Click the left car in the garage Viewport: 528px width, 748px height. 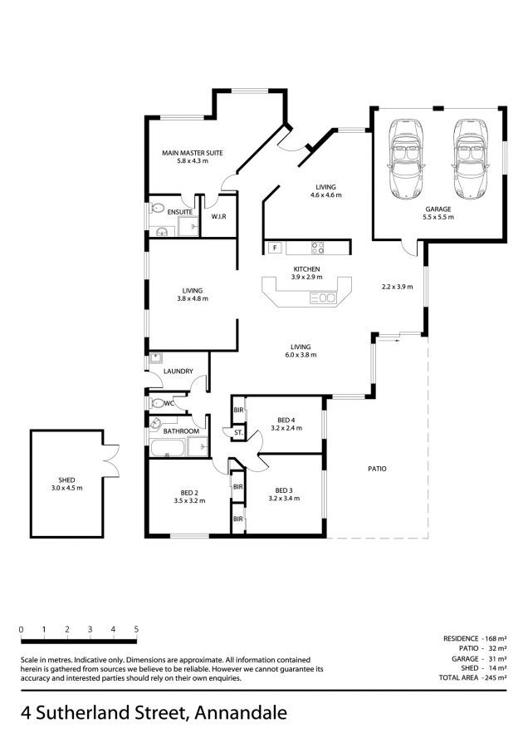[x=405, y=159]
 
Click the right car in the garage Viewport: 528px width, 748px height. [x=472, y=159]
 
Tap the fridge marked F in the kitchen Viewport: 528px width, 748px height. [x=275, y=248]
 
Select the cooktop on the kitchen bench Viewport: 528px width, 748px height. [x=318, y=248]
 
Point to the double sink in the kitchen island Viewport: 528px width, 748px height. [x=323, y=298]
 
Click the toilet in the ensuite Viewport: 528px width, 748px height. [x=156, y=209]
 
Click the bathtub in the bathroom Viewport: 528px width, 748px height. [x=167, y=448]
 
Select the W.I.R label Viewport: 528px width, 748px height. [x=218, y=217]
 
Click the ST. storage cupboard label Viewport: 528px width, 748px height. [x=239, y=433]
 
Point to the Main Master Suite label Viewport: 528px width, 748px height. [x=193, y=153]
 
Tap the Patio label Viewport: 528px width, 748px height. [x=378, y=469]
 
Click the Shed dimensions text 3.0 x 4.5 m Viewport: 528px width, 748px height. [x=66, y=488]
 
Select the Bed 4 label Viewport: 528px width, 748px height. [x=286, y=421]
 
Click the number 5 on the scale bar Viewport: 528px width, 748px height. [x=136, y=630]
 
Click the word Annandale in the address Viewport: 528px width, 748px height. [x=241, y=713]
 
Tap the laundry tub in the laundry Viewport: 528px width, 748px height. [x=156, y=357]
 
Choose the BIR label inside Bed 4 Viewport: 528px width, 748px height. [x=239, y=411]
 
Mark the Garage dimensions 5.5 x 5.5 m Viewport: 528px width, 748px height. [x=438, y=217]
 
